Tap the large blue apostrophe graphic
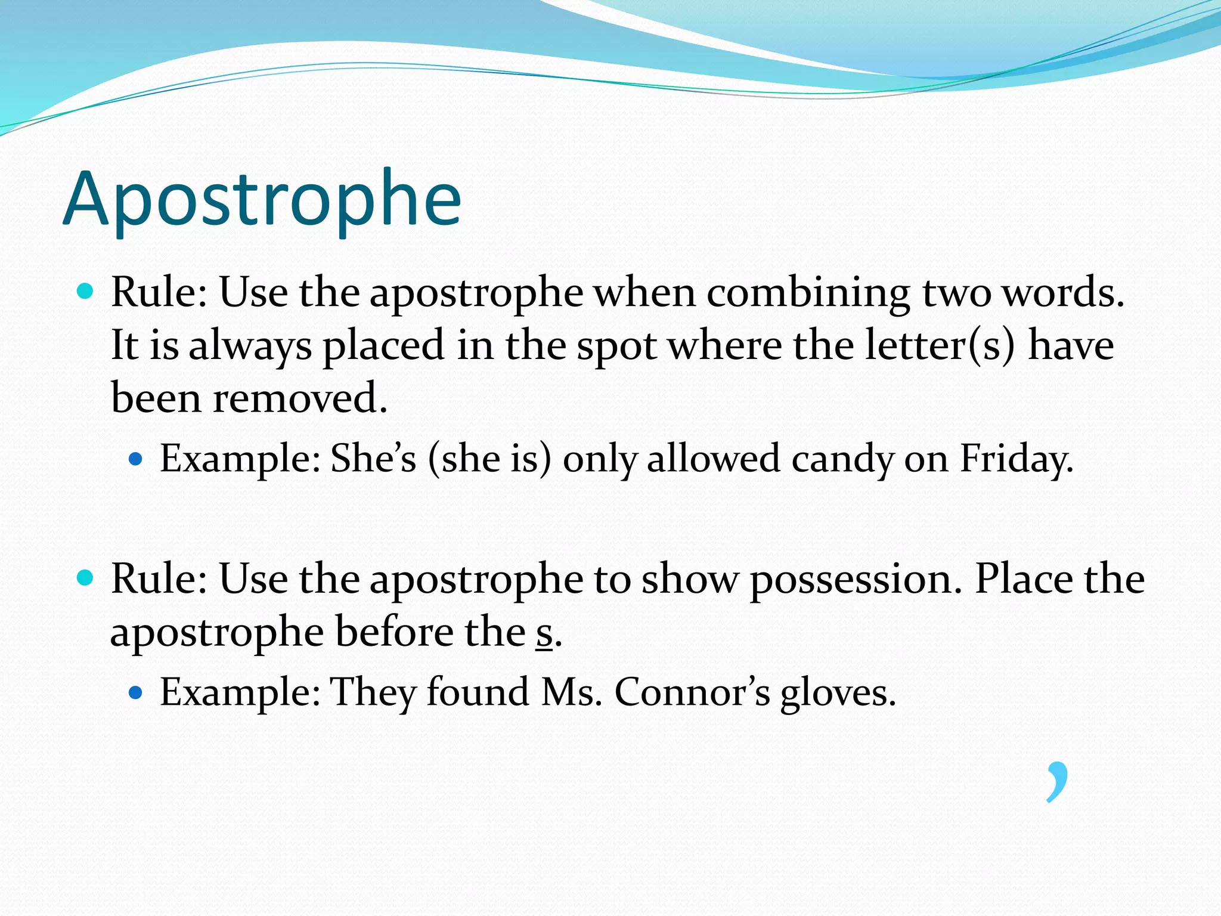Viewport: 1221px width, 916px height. pos(1057,781)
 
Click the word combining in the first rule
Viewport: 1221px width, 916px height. pos(808,293)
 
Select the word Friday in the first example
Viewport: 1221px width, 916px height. pos(1016,459)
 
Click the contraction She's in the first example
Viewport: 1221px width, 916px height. pos(373,459)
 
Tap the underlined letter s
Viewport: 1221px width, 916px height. pos(544,633)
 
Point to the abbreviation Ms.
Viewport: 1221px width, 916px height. pos(571,693)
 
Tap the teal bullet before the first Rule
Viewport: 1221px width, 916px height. pos(86,292)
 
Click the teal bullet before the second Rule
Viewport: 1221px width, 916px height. pos(86,578)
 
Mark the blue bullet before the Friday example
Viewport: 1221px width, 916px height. pos(136,459)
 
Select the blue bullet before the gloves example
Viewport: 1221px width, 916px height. pos(136,692)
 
